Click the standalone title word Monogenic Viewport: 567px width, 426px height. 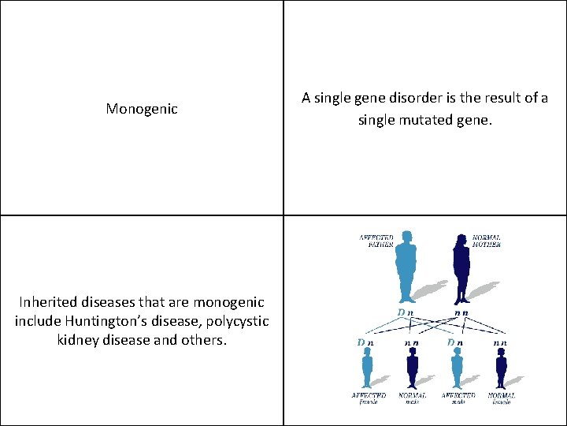pyautogui.click(x=142, y=109)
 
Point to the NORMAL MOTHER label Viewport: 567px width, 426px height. pyautogui.click(x=486, y=241)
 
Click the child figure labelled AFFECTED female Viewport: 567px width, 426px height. pyautogui.click(x=367, y=368)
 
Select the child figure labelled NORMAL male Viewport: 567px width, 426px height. pyautogui.click(x=412, y=368)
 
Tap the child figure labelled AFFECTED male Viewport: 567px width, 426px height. pyautogui.click(x=456, y=368)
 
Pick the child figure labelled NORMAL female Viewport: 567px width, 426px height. pyautogui.click(x=501, y=368)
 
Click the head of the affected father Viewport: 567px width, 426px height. pyautogui.click(x=407, y=237)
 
